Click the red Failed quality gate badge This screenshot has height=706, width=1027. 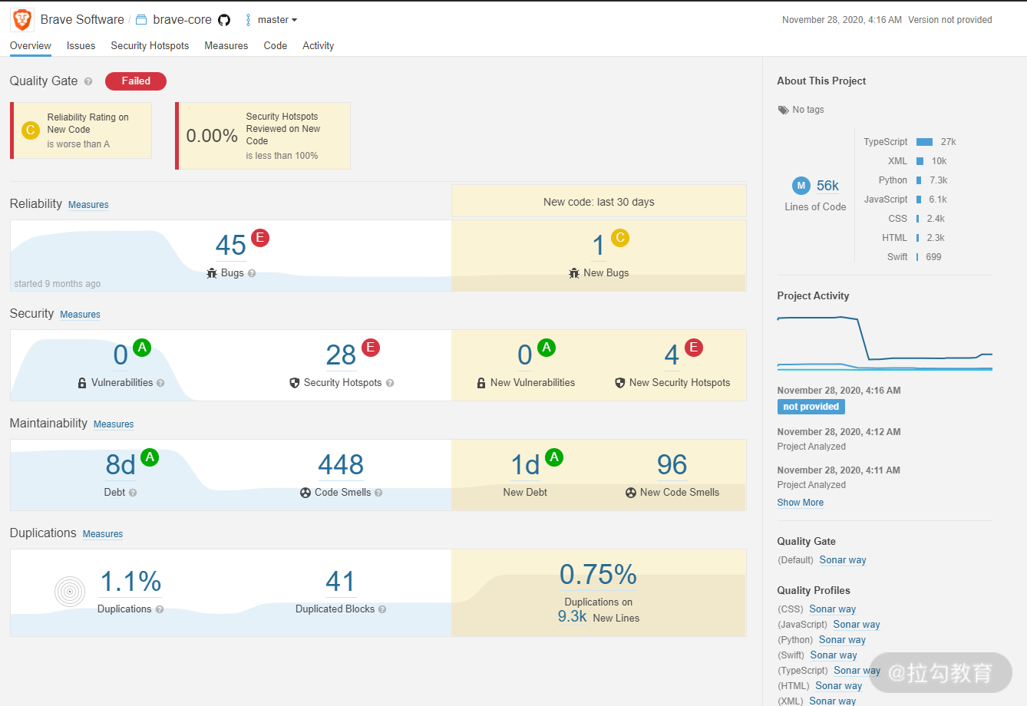click(136, 81)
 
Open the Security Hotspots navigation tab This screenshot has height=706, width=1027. click(150, 46)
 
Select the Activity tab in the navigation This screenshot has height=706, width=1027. click(319, 46)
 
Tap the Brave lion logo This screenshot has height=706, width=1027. click(22, 20)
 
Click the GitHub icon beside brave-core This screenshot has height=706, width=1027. click(223, 20)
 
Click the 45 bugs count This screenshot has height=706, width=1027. click(230, 245)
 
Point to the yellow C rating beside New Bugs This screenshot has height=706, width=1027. click(620, 237)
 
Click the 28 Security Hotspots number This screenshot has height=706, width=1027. click(341, 355)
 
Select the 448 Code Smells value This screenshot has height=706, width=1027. click(341, 464)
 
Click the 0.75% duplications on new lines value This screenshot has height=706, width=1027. click(599, 574)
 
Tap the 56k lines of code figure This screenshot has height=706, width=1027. click(827, 186)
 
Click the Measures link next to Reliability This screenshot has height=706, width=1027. click(88, 204)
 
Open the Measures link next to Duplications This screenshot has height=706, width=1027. click(103, 533)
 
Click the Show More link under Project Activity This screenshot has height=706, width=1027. click(800, 503)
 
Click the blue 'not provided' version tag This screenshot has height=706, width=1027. click(811, 407)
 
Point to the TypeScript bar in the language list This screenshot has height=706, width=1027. click(924, 142)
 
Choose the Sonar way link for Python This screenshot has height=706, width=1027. click(842, 639)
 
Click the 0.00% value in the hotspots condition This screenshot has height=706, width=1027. click(212, 136)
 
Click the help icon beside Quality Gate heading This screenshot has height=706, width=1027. click(88, 81)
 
